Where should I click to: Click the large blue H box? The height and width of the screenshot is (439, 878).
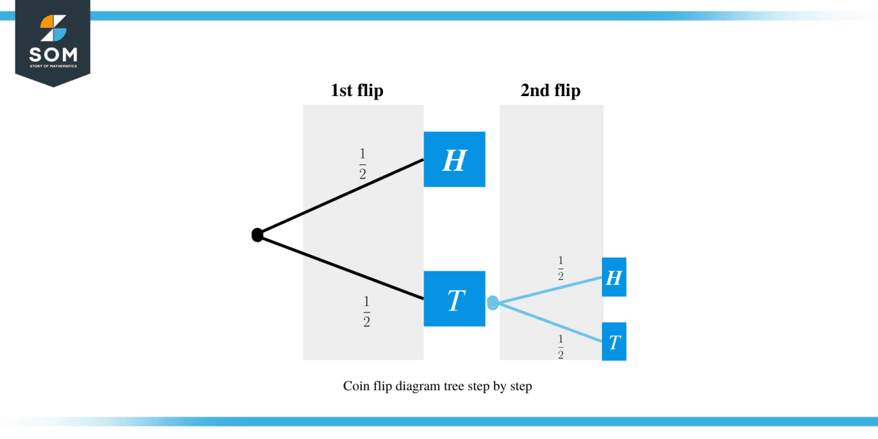[x=454, y=159]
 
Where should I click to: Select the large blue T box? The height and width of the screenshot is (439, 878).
[x=454, y=298]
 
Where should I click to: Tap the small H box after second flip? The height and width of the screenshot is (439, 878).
[x=614, y=277]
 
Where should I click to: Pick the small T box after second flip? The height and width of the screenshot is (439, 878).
[x=614, y=342]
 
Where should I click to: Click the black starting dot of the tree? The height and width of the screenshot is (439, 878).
[x=257, y=235]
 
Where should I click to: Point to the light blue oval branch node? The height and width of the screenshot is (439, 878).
[x=492, y=303]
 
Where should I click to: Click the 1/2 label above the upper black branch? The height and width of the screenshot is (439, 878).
[x=363, y=164]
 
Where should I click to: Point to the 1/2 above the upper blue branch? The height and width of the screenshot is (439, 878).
[x=561, y=269]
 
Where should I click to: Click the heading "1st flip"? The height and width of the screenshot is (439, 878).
[x=356, y=91]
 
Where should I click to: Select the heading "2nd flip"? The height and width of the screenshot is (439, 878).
[x=550, y=91]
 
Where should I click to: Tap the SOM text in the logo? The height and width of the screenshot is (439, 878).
[x=53, y=54]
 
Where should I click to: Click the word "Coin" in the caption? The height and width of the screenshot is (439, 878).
[x=356, y=387]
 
